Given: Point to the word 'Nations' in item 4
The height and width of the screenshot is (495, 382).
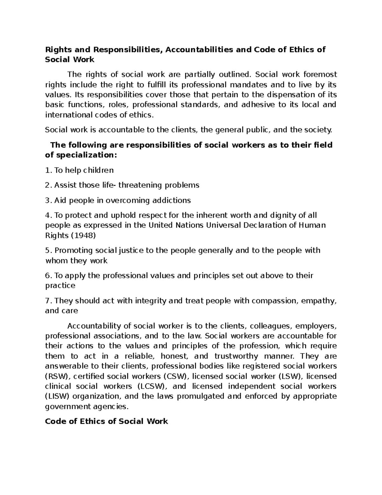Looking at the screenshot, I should click(189, 225).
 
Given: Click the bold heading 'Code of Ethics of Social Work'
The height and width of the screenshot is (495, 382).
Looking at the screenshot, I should click(106, 421).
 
